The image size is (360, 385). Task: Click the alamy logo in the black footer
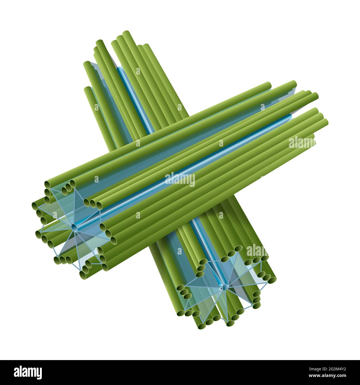click(x=28, y=373)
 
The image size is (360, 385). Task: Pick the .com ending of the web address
click(x=342, y=376)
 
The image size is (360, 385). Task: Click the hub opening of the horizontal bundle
click(x=74, y=228)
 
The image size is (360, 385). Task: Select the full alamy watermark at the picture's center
click(x=180, y=179)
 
